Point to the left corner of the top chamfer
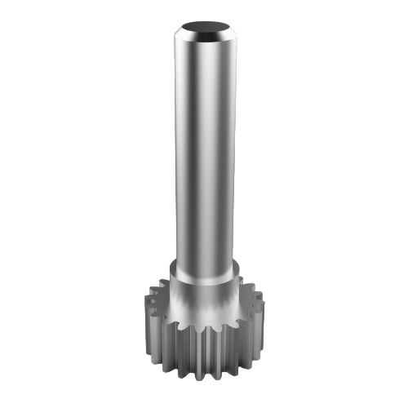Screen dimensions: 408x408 pyautogui.click(x=172, y=36)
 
